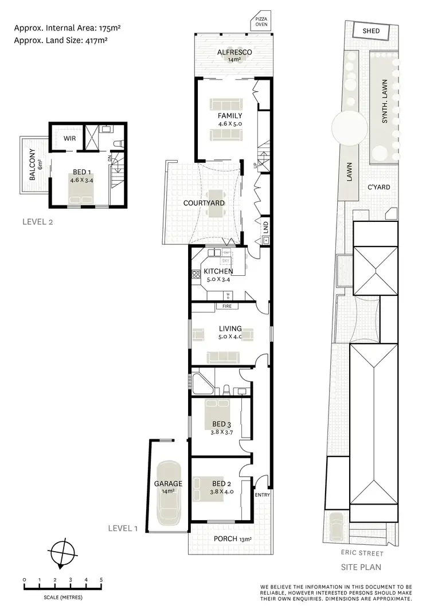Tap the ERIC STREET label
click(365, 553)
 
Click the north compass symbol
click(62, 553)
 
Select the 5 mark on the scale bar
click(101, 580)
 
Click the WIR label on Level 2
click(70, 139)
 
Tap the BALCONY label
click(32, 166)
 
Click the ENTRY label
click(262, 494)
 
